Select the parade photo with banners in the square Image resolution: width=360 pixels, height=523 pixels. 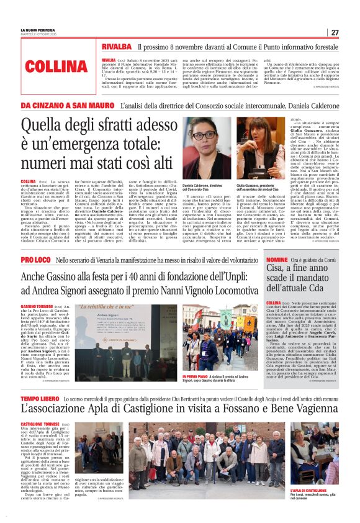click(x=218, y=339)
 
